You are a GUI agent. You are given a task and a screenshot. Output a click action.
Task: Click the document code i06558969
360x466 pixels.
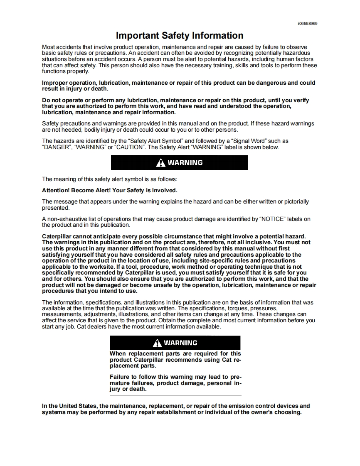point(308,24)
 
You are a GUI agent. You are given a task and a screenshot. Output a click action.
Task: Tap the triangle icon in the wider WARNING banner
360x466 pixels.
point(160,163)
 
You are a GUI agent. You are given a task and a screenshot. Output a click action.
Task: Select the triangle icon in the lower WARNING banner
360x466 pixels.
point(157,343)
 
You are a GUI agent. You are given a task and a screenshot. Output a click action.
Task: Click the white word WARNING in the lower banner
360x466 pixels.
point(180,343)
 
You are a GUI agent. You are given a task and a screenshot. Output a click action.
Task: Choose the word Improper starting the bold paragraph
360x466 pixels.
point(56,83)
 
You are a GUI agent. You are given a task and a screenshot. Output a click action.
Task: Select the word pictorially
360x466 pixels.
point(294,202)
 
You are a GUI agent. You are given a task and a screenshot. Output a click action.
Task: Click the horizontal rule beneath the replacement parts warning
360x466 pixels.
point(175,395)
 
